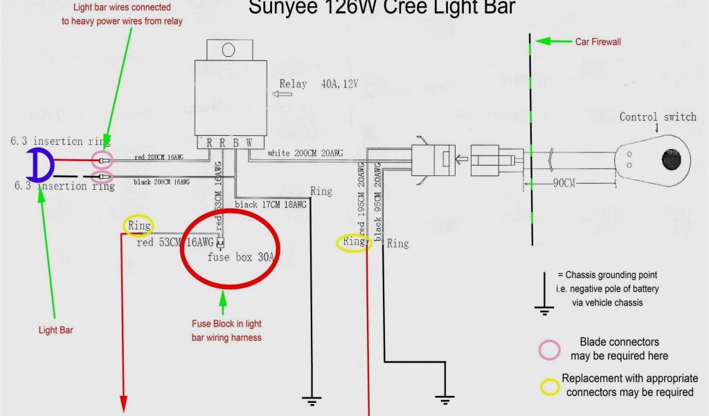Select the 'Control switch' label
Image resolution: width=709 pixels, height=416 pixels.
[657, 116]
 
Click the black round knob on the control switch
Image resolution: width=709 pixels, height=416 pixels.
[671, 159]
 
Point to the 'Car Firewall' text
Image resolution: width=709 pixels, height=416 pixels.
[598, 42]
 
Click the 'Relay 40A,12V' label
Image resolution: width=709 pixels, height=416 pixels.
[318, 85]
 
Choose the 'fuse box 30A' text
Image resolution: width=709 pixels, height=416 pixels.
[241, 257]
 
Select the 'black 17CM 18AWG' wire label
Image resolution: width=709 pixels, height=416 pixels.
[269, 205]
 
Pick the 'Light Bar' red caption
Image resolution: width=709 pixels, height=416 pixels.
[55, 330]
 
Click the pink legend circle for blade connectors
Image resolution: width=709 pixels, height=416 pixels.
[550, 349]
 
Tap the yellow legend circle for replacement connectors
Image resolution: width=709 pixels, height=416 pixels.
[550, 386]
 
